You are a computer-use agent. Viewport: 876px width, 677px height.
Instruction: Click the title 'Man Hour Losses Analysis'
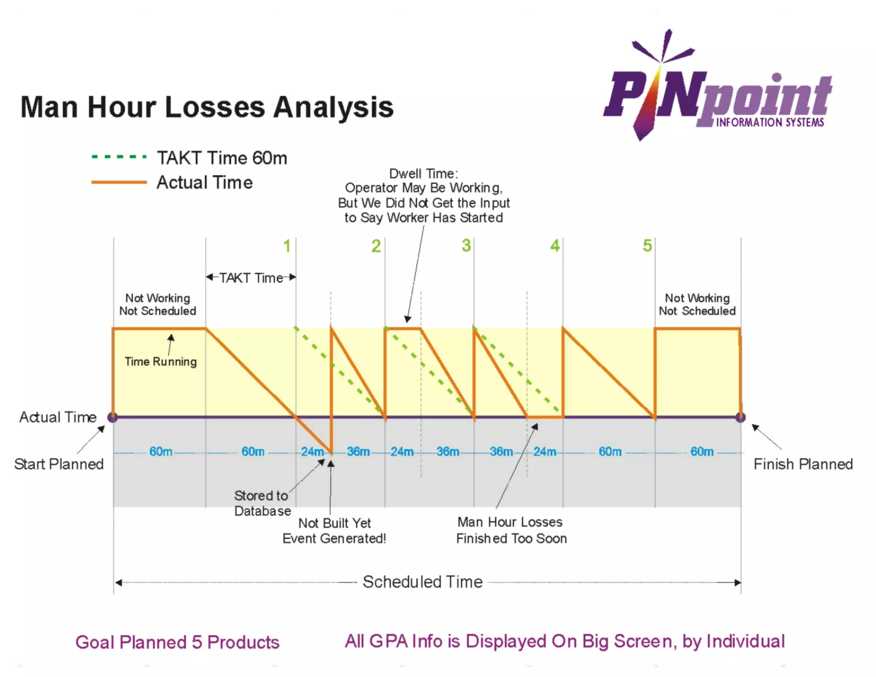(x=207, y=107)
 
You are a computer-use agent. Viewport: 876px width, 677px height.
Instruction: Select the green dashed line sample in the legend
(x=119, y=157)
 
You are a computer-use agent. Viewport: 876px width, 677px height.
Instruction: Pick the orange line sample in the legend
(x=119, y=182)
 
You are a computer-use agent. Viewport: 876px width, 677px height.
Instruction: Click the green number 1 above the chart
(x=287, y=246)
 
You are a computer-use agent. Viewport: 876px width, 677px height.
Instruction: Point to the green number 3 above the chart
(x=466, y=246)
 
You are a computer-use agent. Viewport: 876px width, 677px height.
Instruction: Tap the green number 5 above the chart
(x=647, y=246)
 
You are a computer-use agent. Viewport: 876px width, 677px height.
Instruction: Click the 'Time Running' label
(x=161, y=362)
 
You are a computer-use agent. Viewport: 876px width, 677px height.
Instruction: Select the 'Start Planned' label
(x=59, y=464)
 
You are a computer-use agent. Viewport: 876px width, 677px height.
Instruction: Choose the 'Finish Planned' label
(x=803, y=464)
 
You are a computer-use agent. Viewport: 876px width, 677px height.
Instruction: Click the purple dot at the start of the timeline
(x=113, y=417)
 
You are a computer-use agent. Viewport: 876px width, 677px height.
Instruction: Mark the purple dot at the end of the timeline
(x=740, y=417)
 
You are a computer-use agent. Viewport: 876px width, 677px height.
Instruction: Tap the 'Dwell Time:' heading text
(x=423, y=174)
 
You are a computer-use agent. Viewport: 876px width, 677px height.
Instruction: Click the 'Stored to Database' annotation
(x=262, y=503)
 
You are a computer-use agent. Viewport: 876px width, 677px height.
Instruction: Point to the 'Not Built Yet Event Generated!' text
(x=334, y=531)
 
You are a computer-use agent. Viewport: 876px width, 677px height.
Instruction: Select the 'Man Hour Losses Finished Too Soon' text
(x=511, y=530)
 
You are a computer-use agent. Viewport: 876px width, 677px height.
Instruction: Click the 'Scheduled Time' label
(x=423, y=582)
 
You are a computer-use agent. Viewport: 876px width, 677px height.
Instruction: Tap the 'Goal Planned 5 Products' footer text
(x=177, y=642)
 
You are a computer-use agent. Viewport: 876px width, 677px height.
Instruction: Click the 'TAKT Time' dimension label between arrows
(x=251, y=278)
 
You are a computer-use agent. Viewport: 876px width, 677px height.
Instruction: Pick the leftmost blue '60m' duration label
(x=161, y=451)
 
